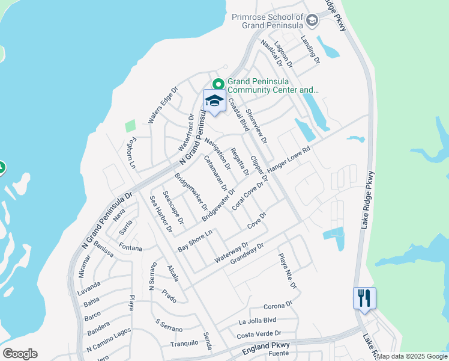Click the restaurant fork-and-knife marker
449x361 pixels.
364,298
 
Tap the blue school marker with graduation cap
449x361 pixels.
214,100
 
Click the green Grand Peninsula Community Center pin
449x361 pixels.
218,84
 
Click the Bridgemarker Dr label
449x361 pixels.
190,192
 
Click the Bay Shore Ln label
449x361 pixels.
196,241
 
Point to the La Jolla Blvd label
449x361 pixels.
257,321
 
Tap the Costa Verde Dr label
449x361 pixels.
259,334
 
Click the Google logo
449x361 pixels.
19,354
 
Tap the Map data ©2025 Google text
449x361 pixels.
412,356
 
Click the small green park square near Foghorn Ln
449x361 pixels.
130,126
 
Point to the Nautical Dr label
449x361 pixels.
271,54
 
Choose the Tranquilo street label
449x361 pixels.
184,343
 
